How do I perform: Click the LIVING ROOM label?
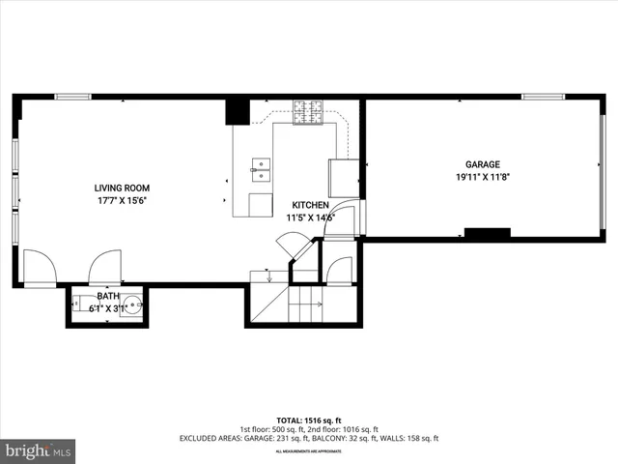coord(122,188)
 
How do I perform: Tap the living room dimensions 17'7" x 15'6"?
coord(122,201)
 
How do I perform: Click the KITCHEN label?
coord(310,205)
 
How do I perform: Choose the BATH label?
coord(108,297)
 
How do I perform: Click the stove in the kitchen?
coord(308,113)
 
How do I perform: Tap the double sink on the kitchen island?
coord(259,170)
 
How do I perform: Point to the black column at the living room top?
coord(238,111)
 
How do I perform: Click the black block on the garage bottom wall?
coord(487,233)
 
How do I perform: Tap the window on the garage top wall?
coord(543,97)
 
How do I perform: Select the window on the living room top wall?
coord(72,97)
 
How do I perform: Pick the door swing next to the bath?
coord(104,266)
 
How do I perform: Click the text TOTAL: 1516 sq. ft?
coord(308,420)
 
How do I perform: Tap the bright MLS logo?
coord(38,450)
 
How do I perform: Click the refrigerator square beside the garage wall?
coord(343,178)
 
